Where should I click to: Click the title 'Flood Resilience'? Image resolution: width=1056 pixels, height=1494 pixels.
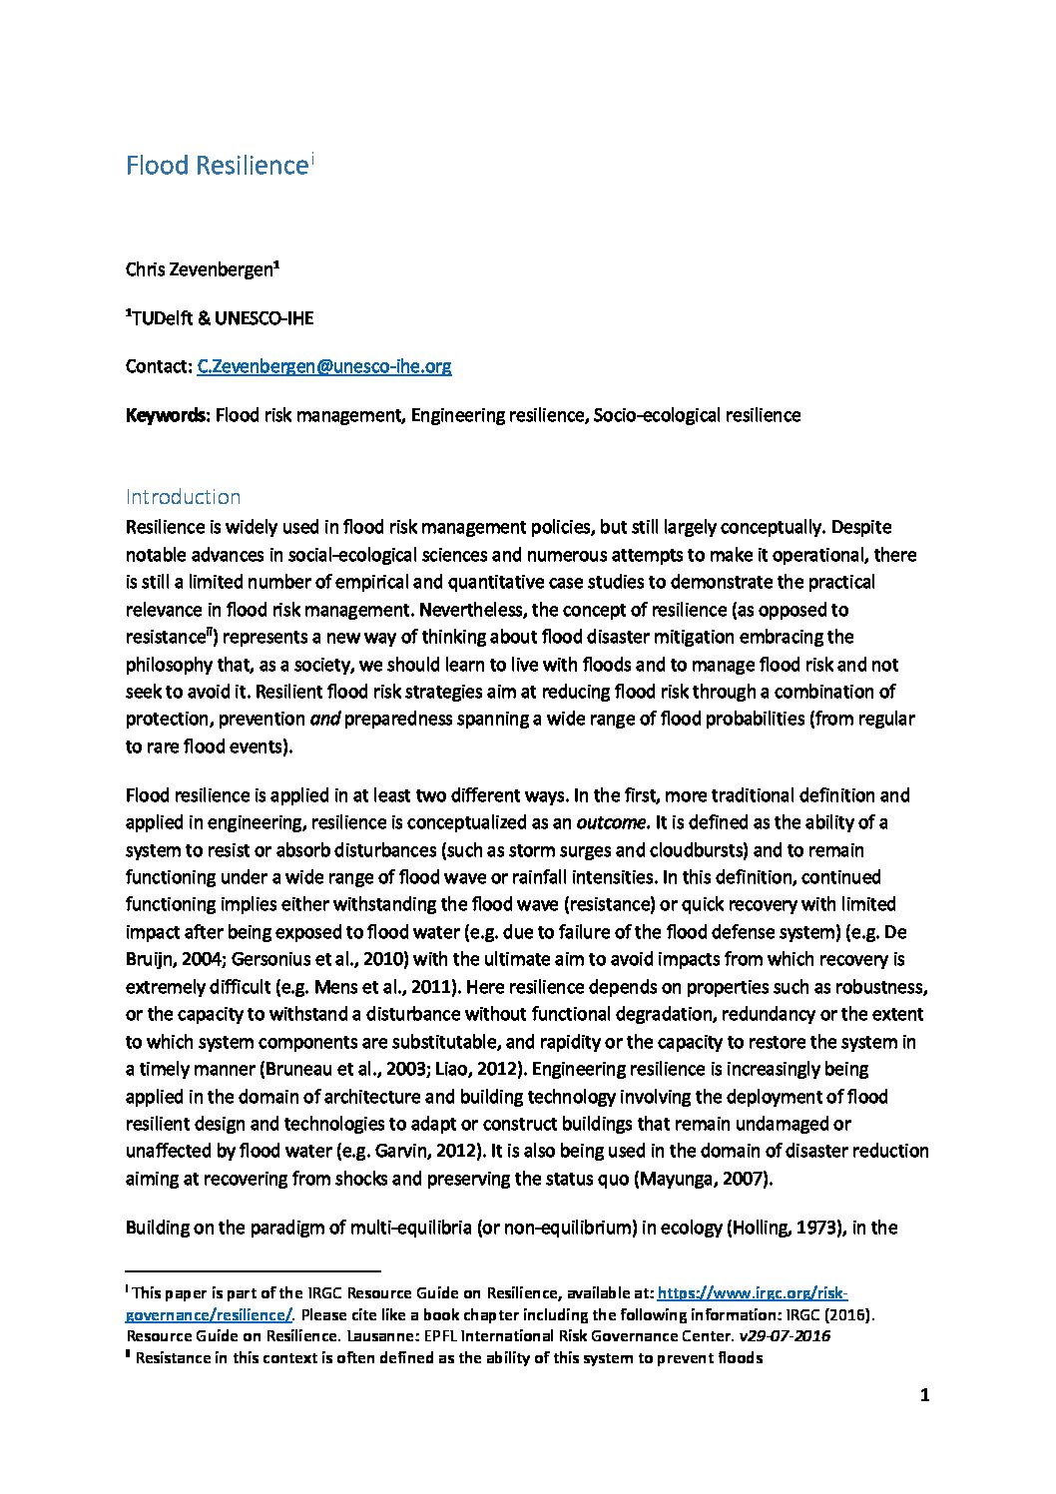coord(214,166)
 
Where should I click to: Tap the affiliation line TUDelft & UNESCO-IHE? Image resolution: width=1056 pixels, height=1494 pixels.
coord(221,318)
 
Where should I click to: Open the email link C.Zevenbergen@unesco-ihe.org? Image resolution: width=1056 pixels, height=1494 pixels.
coord(324,366)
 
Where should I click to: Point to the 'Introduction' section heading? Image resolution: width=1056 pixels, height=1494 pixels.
coord(183,497)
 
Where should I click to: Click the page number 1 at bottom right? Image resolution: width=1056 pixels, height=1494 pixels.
coord(924,1396)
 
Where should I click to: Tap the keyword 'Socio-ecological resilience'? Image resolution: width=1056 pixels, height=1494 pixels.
coord(697,415)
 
